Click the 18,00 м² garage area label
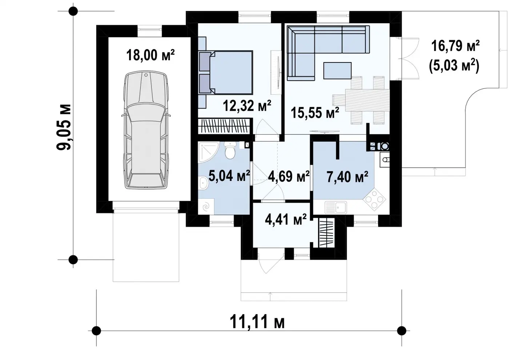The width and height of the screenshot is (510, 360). [x=150, y=55]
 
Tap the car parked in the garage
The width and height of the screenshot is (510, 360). [x=146, y=130]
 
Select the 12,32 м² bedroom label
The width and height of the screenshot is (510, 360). [x=247, y=106]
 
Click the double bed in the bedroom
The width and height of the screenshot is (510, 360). [x=226, y=72]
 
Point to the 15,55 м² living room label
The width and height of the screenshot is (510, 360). [x=315, y=113]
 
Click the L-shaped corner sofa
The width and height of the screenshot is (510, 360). [x=328, y=53]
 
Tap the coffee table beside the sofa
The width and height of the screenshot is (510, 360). [x=337, y=70]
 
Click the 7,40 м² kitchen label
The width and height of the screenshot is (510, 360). [x=348, y=177]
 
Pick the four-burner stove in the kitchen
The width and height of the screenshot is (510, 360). [x=374, y=199]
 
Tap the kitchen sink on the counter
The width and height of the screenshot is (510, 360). [x=336, y=208]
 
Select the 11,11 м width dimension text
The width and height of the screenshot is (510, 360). [x=257, y=322]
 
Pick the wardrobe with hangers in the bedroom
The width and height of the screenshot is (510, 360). [x=224, y=126]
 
